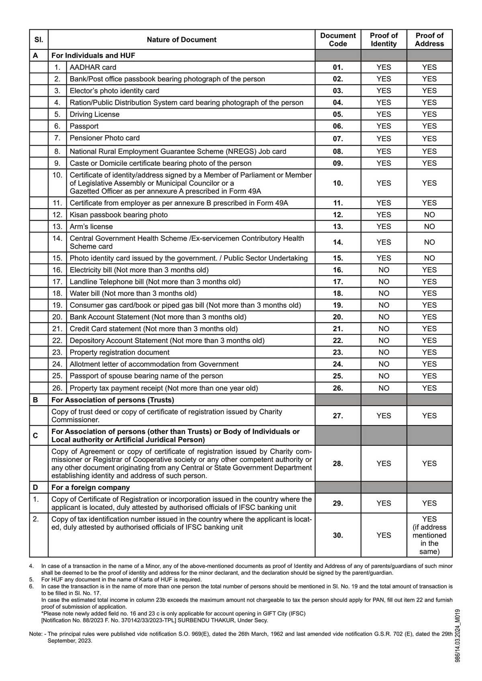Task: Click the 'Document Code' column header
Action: tap(337, 40)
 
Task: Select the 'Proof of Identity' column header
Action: tap(384, 40)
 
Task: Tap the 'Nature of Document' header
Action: tap(182, 40)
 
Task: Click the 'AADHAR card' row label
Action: tap(93, 67)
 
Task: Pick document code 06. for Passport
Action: tap(338, 126)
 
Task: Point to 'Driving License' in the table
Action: tap(94, 114)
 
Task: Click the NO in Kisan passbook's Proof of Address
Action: tap(429, 215)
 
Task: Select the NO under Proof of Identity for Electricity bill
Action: tap(384, 270)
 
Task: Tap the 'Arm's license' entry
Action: tap(91, 227)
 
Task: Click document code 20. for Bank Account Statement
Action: tap(338, 317)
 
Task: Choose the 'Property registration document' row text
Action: tap(119, 352)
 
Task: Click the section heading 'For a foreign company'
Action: tap(90, 488)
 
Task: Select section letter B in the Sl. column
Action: tap(35, 400)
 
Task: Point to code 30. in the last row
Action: tap(338, 535)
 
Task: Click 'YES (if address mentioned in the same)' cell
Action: tap(429, 535)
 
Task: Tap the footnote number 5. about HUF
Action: tap(31, 579)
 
